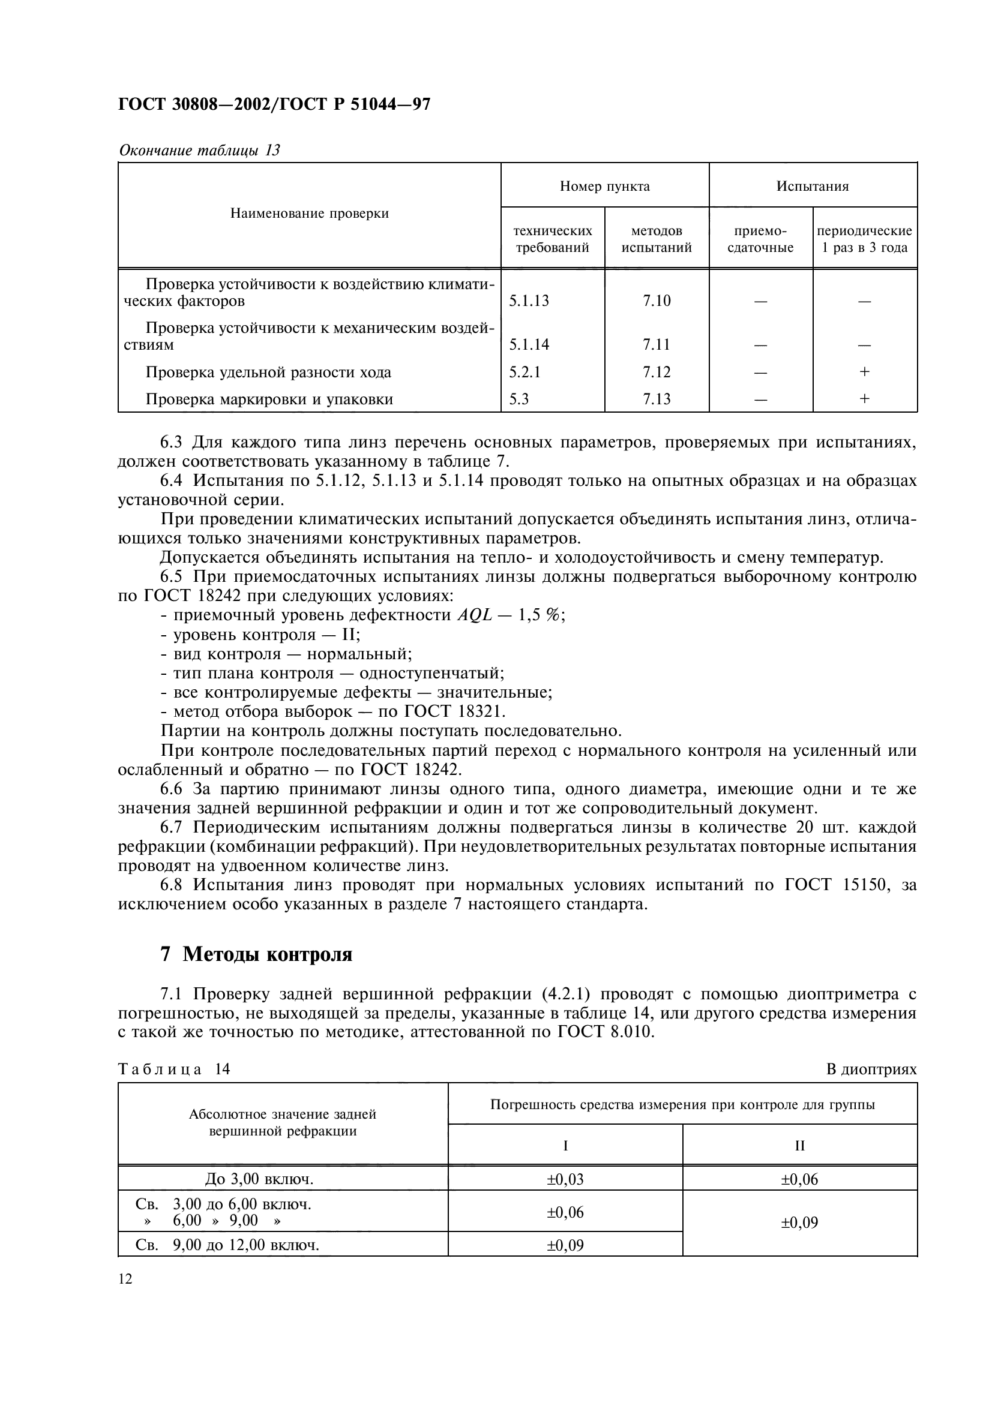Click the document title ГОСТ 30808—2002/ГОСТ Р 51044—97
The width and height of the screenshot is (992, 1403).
point(274,105)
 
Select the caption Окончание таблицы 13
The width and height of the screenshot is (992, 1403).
point(199,151)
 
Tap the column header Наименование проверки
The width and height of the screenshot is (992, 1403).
point(309,214)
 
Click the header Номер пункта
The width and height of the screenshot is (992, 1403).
point(604,187)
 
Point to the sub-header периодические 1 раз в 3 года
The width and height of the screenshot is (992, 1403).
point(864,239)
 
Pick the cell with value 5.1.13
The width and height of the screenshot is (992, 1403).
point(529,301)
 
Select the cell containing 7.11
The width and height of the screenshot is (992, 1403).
point(657,345)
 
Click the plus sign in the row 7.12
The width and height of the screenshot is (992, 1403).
point(864,371)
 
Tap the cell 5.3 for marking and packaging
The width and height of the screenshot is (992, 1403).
point(519,399)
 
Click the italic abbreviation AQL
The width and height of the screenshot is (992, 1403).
point(474,615)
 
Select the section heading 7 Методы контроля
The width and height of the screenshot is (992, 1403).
point(256,954)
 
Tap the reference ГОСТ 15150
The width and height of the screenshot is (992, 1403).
point(835,885)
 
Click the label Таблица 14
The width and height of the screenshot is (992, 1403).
point(173,1069)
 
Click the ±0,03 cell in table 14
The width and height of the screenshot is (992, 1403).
point(565,1179)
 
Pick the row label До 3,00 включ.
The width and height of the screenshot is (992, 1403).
point(259,1179)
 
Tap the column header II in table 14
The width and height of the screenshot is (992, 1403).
point(799,1146)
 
